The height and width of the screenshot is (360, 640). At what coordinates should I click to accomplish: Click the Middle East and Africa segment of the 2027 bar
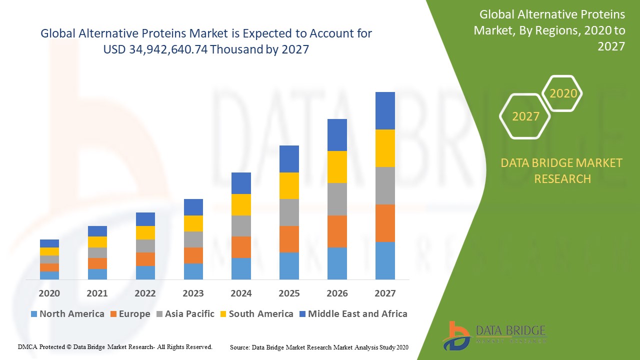(x=385, y=110)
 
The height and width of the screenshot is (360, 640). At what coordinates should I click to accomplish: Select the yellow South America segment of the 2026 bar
(x=337, y=166)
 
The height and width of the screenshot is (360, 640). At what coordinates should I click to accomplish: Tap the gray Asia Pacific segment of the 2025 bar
(x=289, y=212)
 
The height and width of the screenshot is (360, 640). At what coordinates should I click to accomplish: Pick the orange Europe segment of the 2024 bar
(x=241, y=247)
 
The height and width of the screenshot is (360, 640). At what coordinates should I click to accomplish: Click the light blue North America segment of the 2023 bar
(x=193, y=271)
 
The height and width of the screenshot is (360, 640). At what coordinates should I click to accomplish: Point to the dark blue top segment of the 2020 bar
(x=49, y=243)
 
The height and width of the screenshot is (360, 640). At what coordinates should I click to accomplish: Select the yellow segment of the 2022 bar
(x=145, y=232)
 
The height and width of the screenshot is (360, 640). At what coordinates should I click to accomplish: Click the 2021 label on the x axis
(x=97, y=293)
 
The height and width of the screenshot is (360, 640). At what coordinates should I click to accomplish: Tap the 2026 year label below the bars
(x=337, y=293)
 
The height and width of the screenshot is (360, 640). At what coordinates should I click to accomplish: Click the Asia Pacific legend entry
(x=185, y=314)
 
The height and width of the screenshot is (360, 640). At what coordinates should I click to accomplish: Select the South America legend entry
(x=256, y=314)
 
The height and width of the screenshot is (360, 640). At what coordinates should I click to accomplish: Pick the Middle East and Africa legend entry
(x=353, y=314)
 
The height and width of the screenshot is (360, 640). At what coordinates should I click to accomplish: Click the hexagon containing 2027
(x=525, y=116)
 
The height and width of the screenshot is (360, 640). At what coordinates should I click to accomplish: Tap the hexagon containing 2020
(x=563, y=93)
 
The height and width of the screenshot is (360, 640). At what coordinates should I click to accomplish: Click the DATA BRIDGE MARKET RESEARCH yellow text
(x=562, y=170)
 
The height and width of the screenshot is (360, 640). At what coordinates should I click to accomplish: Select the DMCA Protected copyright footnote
(x=115, y=346)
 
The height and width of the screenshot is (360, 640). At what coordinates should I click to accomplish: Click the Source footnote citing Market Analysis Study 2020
(x=319, y=347)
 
